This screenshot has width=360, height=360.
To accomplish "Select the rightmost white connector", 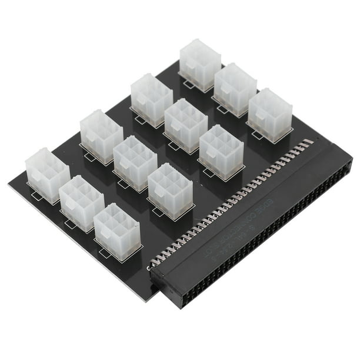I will (270, 115).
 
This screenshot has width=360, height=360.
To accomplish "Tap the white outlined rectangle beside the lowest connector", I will (106, 254).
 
